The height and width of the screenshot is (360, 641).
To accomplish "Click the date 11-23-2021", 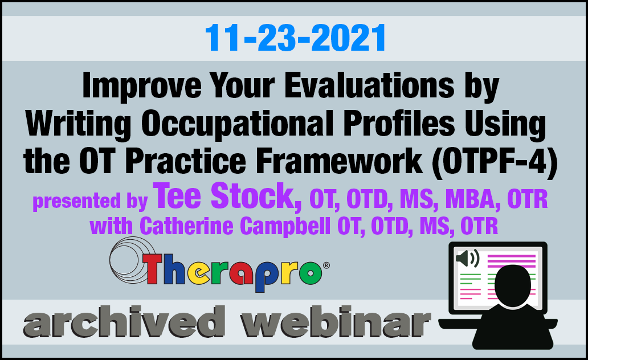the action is click(x=295, y=38).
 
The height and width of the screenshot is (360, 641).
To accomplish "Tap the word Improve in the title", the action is click(x=141, y=86).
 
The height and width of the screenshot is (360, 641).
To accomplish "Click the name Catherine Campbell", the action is click(x=235, y=226).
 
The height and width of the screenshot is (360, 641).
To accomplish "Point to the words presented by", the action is click(x=90, y=201).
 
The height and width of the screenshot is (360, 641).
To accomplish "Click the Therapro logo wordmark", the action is click(x=233, y=271).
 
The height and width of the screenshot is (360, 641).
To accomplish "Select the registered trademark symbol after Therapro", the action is click(x=326, y=265).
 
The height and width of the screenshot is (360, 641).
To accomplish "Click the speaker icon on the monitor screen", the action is click(x=467, y=258).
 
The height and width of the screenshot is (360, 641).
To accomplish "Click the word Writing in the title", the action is click(x=78, y=124).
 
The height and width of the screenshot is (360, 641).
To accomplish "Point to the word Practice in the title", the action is click(x=185, y=160).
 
